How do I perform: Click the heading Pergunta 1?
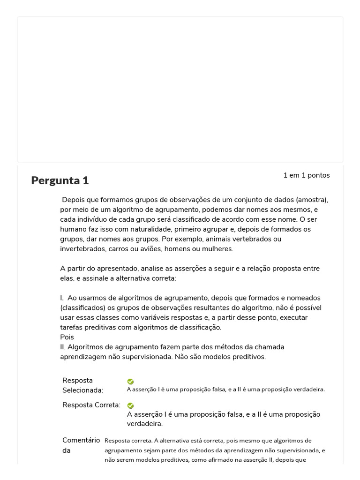tap(60, 180)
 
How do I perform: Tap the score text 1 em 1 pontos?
tap(306, 175)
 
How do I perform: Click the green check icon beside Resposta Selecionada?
tap(130, 382)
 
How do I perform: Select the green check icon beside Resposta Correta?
tap(130, 406)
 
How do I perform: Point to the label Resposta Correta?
tap(91, 405)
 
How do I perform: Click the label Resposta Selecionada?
tap(82, 385)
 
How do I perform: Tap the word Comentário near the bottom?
tap(81, 440)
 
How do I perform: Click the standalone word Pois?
tap(67, 337)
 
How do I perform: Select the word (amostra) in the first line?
tap(312, 200)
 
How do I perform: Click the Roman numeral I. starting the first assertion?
tap(62, 298)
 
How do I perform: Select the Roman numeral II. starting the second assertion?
tap(63, 347)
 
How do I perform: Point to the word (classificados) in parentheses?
tap(83, 308)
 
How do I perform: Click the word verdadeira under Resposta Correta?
tap(144, 424)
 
